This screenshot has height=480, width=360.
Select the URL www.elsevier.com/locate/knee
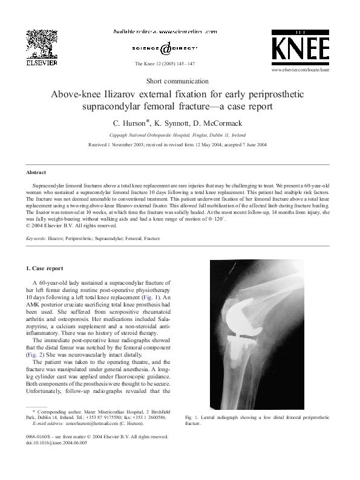pyautogui.click(x=301, y=70)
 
